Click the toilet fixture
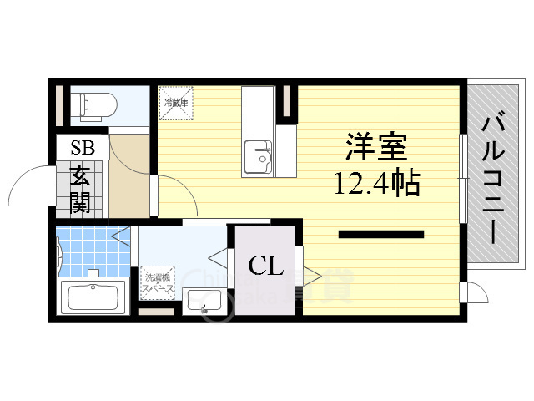click(x=93, y=105)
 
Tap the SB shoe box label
click(x=83, y=149)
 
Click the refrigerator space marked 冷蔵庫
click(x=177, y=102)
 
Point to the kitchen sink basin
click(x=258, y=155)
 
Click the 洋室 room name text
click(x=376, y=148)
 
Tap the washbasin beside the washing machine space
click(x=203, y=300)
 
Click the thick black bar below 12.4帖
click(x=380, y=234)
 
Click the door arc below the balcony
click(x=476, y=294)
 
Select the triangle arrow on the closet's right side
click(x=311, y=273)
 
